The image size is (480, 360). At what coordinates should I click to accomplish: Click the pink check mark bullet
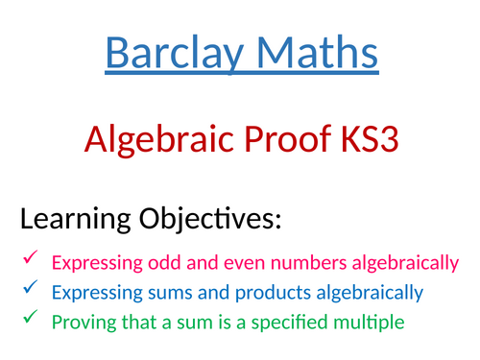click(30, 260)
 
